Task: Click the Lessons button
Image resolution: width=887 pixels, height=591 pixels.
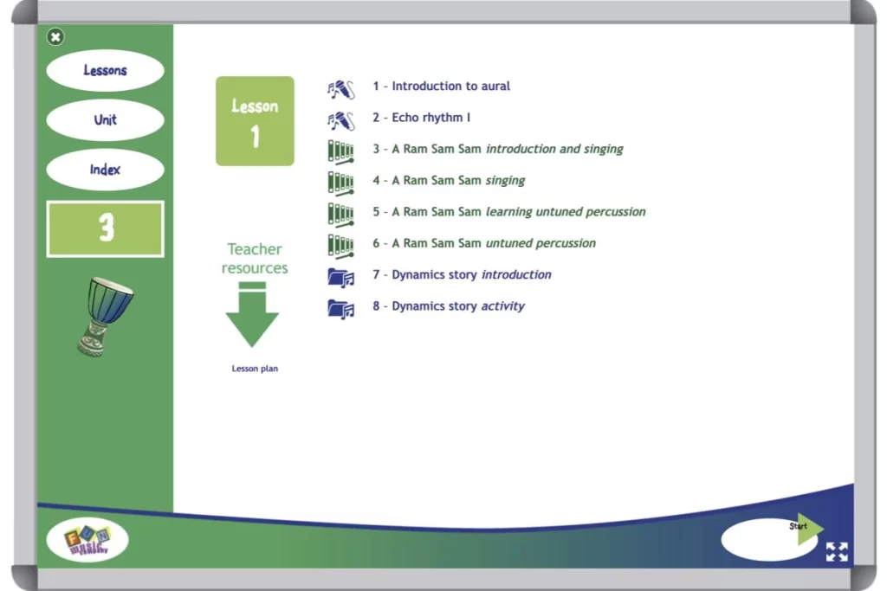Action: (x=105, y=71)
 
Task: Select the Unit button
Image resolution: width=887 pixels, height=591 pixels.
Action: (x=105, y=120)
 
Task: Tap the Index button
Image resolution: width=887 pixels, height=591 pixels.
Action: (x=105, y=170)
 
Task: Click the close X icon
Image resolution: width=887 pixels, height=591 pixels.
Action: (x=55, y=36)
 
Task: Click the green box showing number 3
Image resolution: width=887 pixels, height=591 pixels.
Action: (x=105, y=228)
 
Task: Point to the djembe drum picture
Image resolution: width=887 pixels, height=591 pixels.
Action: (x=106, y=315)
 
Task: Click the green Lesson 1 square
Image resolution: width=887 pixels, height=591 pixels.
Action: (x=255, y=121)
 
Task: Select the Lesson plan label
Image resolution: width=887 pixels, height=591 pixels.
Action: (x=255, y=369)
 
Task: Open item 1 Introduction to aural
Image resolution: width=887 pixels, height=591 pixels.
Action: (x=442, y=87)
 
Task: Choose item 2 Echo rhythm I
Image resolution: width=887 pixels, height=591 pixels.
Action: (x=422, y=118)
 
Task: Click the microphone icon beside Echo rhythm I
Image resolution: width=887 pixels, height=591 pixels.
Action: (x=340, y=119)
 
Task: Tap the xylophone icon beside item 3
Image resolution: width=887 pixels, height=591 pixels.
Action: (x=340, y=151)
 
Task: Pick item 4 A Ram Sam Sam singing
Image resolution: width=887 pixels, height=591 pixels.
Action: (x=449, y=181)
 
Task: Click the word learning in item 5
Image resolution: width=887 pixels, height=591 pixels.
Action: (x=509, y=212)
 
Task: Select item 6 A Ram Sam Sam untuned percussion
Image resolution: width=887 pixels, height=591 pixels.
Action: (x=484, y=244)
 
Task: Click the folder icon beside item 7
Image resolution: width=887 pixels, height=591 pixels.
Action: (x=340, y=277)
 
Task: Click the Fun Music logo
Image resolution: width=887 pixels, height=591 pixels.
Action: (x=87, y=542)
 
